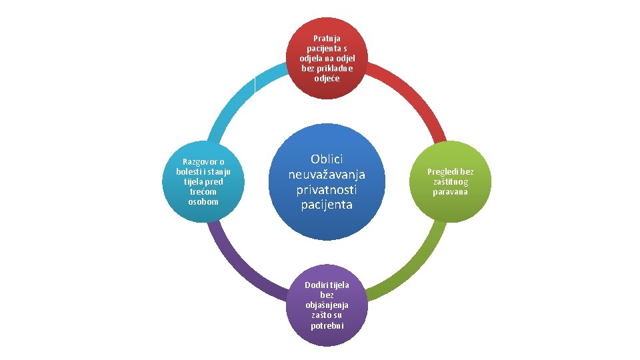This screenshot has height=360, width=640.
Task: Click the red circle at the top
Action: (x=327, y=59)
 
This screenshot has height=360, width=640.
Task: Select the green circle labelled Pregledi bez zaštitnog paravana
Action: (x=451, y=181)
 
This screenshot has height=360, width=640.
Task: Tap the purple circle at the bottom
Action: (x=327, y=305)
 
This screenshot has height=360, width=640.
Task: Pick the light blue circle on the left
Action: (x=203, y=181)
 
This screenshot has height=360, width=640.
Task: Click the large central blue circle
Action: (x=327, y=181)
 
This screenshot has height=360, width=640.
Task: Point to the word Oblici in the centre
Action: (x=327, y=159)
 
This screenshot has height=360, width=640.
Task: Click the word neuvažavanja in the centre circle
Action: (x=327, y=174)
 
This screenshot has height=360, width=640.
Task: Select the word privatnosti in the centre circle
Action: (x=327, y=189)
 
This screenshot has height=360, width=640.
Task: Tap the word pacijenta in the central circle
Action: (x=327, y=205)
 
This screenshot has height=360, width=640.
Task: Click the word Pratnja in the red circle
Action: (x=327, y=39)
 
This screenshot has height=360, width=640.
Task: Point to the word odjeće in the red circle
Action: (x=327, y=79)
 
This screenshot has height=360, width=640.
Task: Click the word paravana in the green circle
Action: (x=451, y=192)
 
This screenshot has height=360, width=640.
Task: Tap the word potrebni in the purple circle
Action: (x=327, y=325)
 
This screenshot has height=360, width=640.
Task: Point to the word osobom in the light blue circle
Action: (x=203, y=201)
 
